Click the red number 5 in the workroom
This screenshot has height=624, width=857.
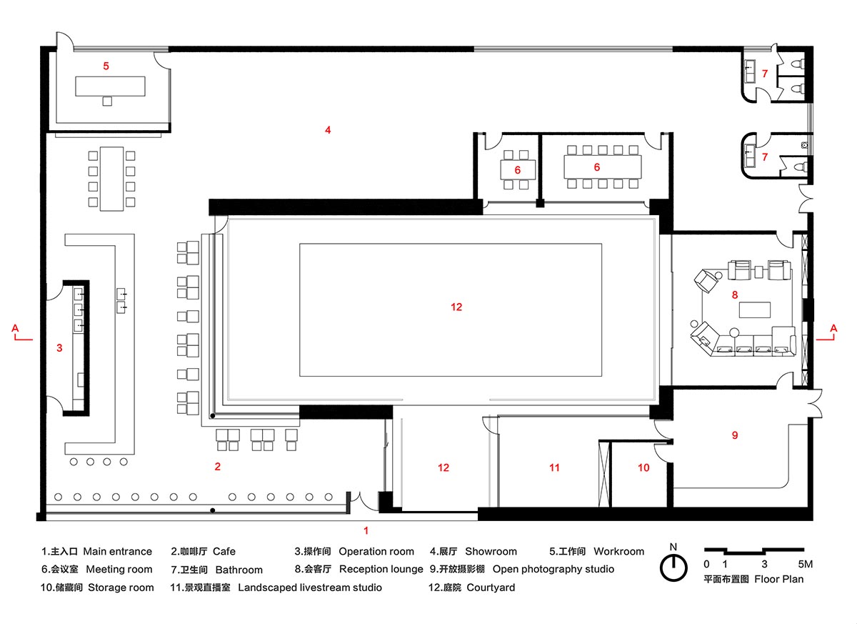[106, 66]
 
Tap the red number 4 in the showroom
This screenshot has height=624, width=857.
[328, 130]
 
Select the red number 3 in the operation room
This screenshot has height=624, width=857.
[59, 348]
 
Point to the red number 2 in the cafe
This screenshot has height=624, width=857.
[217, 466]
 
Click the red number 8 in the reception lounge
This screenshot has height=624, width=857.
[735, 294]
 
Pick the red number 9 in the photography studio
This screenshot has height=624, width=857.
[735, 435]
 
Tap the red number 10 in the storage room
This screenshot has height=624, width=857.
[643, 467]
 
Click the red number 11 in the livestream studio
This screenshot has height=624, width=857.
[554, 467]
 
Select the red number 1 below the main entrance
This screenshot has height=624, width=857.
[366, 530]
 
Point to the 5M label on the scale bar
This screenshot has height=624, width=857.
[806, 564]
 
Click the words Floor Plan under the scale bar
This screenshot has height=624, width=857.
[778, 579]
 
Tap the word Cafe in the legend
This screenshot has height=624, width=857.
[224, 551]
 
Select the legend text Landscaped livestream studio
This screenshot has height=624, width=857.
[310, 588]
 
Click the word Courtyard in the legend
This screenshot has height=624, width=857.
[491, 588]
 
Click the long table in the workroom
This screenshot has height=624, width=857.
[110, 86]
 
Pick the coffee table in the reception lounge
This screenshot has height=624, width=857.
[755, 309]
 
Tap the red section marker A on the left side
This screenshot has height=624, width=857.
[15, 328]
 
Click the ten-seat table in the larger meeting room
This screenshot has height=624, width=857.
[603, 167]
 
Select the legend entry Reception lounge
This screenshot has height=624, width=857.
[381, 569]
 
